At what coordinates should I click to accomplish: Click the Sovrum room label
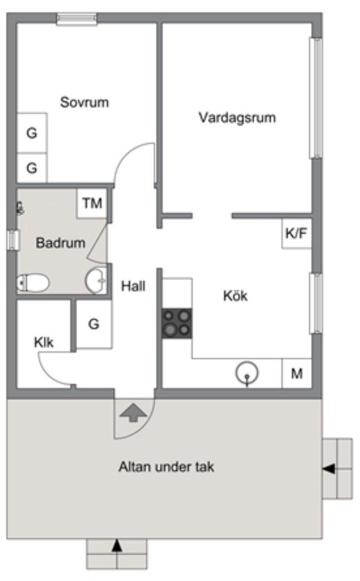(x=85, y=102)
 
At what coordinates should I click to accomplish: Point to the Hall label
(x=133, y=286)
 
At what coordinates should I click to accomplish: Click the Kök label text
(x=236, y=296)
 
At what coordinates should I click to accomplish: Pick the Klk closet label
(x=44, y=342)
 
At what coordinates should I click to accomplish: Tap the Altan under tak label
(x=166, y=467)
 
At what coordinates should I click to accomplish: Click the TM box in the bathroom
(x=92, y=204)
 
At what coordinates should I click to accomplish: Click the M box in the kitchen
(x=297, y=374)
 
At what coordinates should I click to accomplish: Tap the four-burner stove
(x=177, y=323)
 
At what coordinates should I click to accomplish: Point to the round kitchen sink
(x=247, y=373)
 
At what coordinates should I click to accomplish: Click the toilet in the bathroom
(x=32, y=283)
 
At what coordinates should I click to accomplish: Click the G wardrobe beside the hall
(x=93, y=324)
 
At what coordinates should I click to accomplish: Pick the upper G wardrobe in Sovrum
(x=32, y=134)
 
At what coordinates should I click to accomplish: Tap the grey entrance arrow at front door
(x=133, y=412)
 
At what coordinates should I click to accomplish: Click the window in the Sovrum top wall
(x=76, y=19)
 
